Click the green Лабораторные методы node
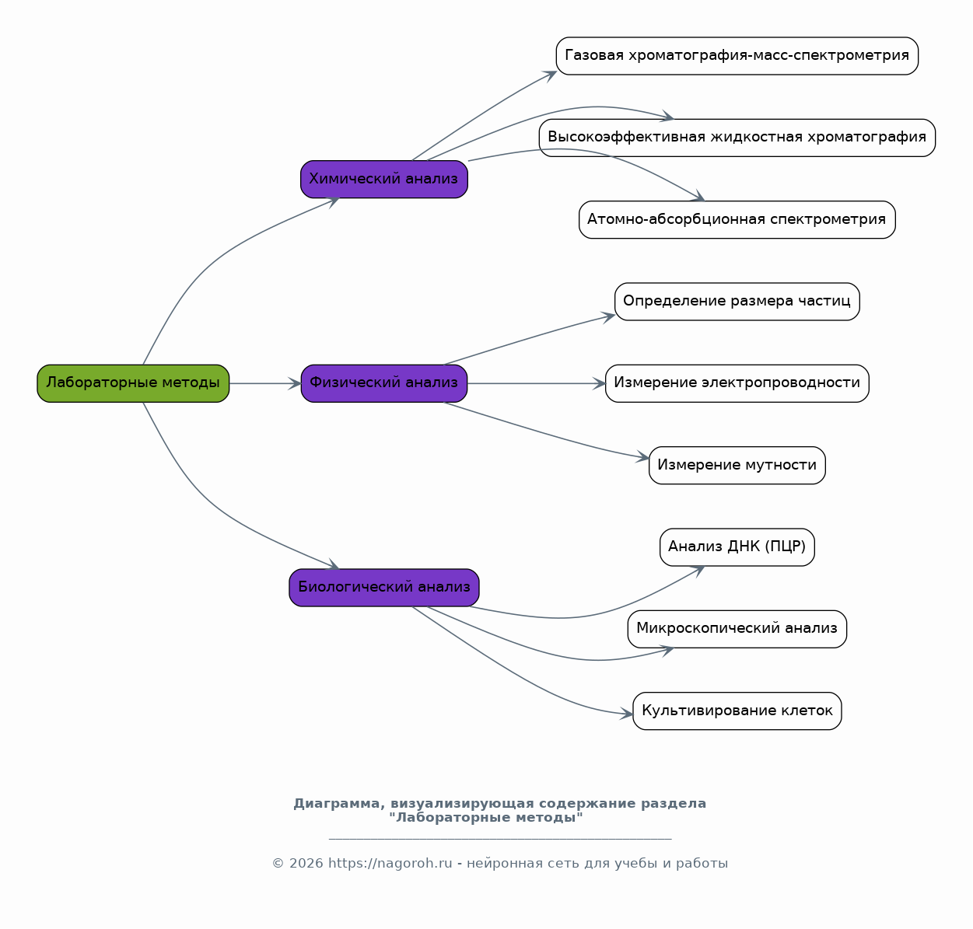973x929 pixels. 133,383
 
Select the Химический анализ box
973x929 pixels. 384,179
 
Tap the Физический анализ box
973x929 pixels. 384,383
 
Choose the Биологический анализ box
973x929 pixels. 384,588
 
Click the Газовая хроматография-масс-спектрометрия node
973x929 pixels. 737,56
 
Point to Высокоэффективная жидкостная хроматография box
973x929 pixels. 737,138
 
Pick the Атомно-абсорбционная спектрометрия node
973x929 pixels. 737,220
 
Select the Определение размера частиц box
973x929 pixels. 737,302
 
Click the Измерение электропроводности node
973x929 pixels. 737,383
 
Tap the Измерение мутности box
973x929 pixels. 737,465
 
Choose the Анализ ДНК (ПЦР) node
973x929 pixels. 737,547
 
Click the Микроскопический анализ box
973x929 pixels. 737,629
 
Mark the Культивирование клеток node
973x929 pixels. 737,711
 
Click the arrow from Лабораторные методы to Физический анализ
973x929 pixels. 265,383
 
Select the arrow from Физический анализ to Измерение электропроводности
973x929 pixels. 536,383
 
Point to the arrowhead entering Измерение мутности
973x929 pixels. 643,457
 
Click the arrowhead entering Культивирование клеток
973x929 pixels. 627,714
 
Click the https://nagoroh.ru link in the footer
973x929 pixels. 390,864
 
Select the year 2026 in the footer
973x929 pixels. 306,864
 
